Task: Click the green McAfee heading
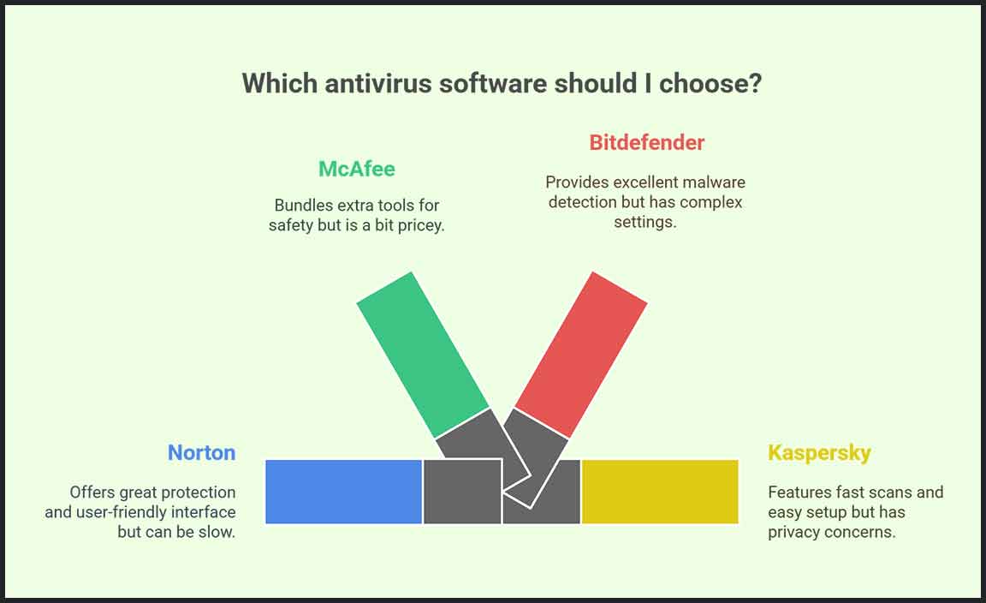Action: tap(357, 169)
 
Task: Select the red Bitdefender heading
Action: tap(646, 142)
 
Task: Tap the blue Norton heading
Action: tap(201, 452)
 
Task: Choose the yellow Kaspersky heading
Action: tap(819, 453)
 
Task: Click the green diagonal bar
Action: tap(423, 355)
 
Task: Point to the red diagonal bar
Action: tap(581, 355)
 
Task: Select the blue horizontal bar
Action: tap(343, 492)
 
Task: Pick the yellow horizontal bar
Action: tap(660, 492)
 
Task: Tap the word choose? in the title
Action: tap(710, 83)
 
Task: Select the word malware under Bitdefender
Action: tap(714, 182)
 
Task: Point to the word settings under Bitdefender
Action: tap(645, 223)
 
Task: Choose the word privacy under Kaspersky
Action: tap(793, 533)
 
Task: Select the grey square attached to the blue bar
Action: tap(462, 492)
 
